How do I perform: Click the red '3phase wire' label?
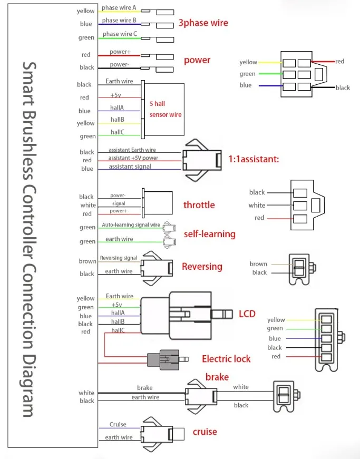203,23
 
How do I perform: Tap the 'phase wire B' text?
119,20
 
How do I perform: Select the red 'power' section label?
197,60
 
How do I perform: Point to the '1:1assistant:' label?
254,159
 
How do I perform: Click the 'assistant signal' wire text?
130,167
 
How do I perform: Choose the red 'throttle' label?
199,205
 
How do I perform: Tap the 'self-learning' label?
210,234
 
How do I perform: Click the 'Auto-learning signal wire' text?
131,225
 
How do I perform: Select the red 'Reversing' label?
202,266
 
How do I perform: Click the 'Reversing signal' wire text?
119,258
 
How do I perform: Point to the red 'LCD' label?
247,314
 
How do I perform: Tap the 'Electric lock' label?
226,359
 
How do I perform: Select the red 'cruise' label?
205,432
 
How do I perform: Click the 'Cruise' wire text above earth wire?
118,424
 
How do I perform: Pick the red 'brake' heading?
217,377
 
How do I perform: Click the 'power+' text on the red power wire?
120,52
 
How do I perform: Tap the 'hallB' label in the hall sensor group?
118,120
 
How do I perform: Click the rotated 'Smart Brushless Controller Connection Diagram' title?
30,239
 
